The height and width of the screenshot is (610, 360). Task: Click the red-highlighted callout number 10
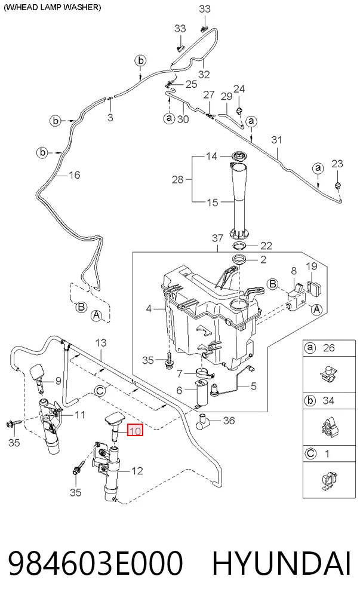pyautogui.click(x=136, y=431)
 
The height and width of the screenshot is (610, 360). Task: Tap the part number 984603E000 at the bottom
pyautogui.click(x=96, y=563)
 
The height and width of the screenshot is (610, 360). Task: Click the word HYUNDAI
pyautogui.click(x=281, y=563)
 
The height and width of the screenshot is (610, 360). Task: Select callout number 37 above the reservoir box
pyautogui.click(x=218, y=238)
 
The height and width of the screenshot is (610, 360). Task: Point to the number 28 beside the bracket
pyautogui.click(x=178, y=179)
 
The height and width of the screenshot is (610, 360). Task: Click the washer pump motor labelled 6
pyautogui.click(x=201, y=394)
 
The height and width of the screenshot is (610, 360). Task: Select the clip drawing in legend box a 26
pyautogui.click(x=329, y=374)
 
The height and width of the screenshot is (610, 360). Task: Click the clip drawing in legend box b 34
pyautogui.click(x=328, y=427)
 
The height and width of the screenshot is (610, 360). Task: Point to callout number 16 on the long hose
pyautogui.click(x=74, y=175)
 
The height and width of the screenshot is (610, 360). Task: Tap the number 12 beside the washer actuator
pyautogui.click(x=137, y=471)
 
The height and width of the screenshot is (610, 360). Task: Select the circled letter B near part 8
pyautogui.click(x=273, y=284)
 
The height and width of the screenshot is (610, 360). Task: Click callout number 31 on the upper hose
pyautogui.click(x=276, y=140)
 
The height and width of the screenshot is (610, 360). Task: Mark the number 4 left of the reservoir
pyautogui.click(x=149, y=309)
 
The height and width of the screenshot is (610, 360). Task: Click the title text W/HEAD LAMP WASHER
pyautogui.click(x=52, y=7)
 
